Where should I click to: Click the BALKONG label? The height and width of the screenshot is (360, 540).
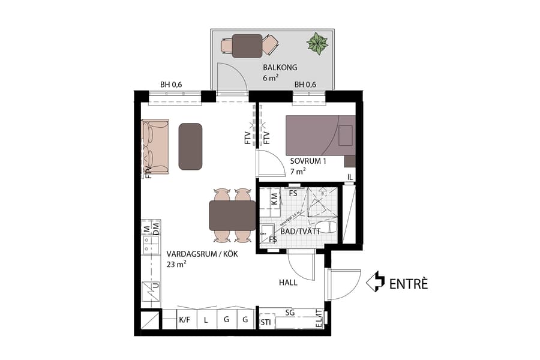(280, 67)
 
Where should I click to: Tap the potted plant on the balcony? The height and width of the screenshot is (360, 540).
(317, 43)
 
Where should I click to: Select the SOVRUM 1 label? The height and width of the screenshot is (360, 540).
(308, 161)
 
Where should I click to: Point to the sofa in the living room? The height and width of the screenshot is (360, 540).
(155, 146)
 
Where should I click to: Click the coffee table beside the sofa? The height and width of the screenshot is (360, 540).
(190, 146)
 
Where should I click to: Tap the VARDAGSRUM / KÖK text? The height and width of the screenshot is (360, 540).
(202, 254)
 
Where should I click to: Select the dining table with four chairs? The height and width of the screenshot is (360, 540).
(232, 215)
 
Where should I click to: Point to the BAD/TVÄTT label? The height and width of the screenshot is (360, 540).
(296, 231)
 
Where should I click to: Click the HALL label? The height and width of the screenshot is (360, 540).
(289, 282)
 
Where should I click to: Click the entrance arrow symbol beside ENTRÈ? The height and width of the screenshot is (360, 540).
(376, 281)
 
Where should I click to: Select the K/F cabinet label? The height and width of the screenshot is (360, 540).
(185, 320)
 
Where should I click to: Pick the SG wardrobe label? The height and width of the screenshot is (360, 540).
(290, 313)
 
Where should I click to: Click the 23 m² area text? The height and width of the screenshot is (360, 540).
(176, 265)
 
